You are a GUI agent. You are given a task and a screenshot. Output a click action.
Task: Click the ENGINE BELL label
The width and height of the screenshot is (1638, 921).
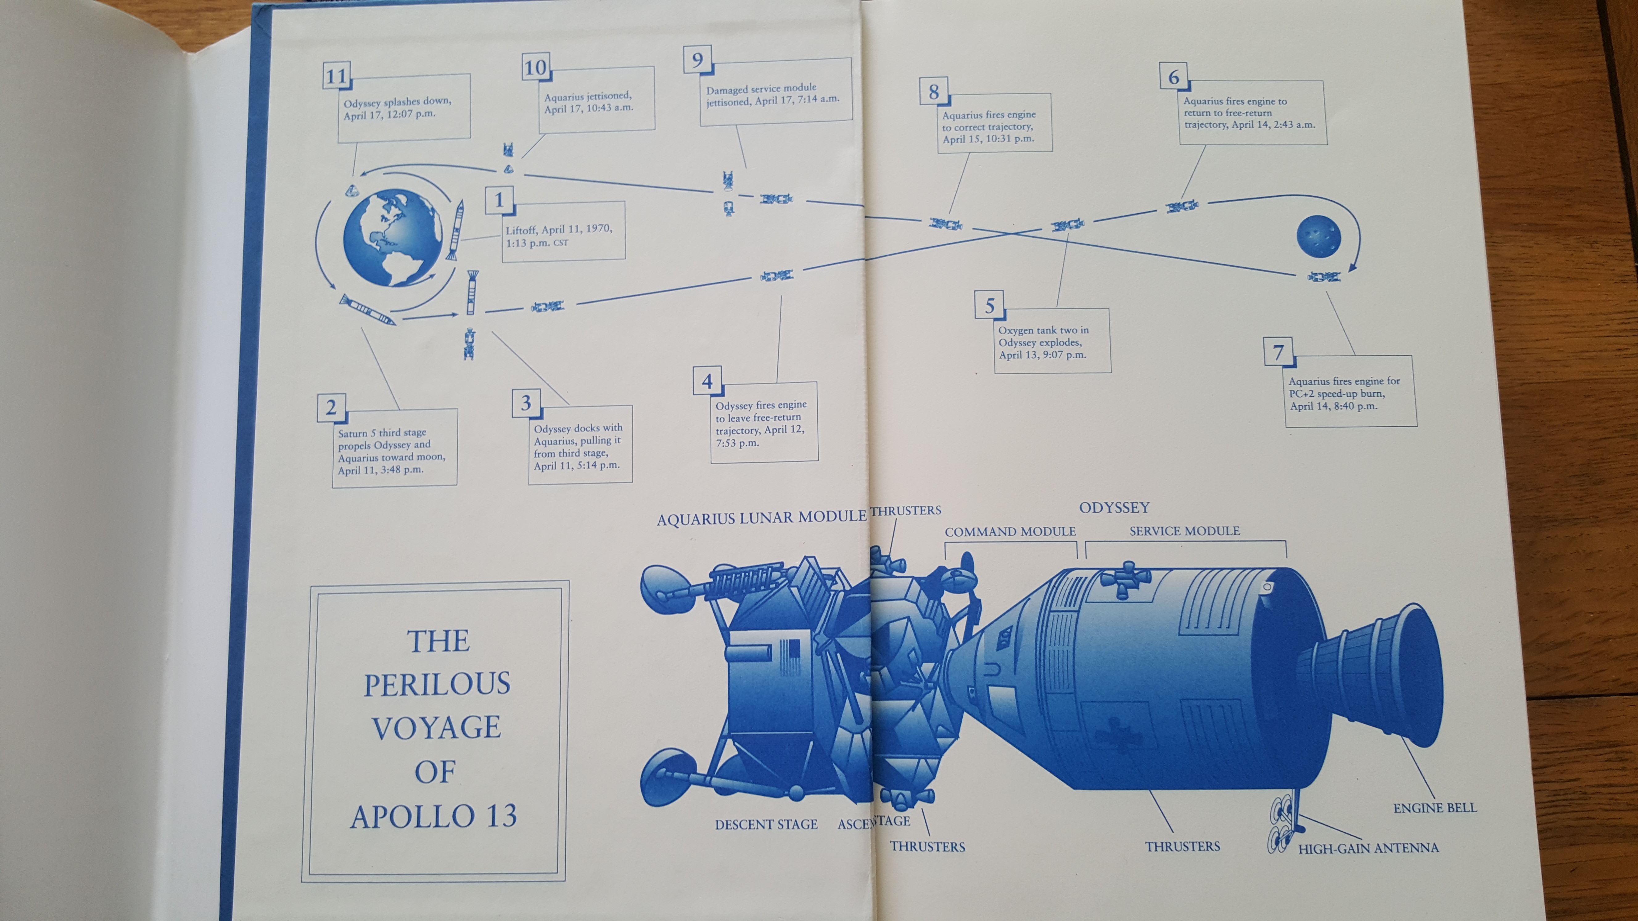tap(1434, 808)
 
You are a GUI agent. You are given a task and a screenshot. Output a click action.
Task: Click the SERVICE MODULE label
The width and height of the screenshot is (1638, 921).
tap(1185, 531)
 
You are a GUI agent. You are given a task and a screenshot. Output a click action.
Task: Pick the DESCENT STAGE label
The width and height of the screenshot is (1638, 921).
tap(766, 825)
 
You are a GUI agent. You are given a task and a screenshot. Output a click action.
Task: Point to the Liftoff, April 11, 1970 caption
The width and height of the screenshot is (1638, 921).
tap(560, 235)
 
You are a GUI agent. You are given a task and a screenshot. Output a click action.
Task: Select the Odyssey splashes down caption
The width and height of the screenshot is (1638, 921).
tap(397, 108)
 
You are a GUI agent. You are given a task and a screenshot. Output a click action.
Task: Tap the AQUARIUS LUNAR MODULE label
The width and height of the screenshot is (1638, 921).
tap(761, 518)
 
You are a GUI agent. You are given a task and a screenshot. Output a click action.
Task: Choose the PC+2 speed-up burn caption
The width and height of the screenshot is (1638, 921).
tap(1344, 393)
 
